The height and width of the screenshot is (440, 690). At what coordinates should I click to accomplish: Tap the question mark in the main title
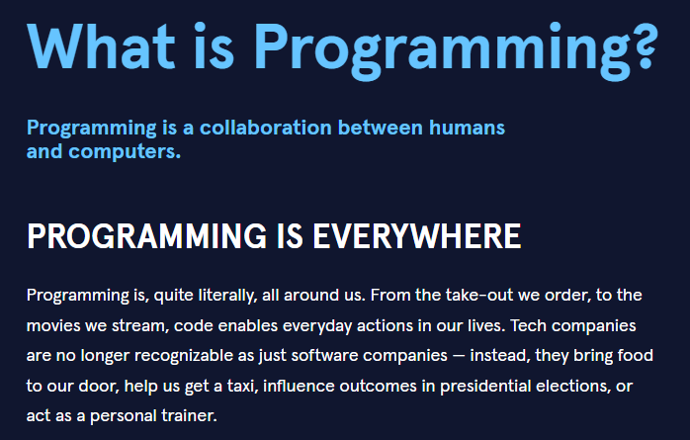[638, 42]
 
